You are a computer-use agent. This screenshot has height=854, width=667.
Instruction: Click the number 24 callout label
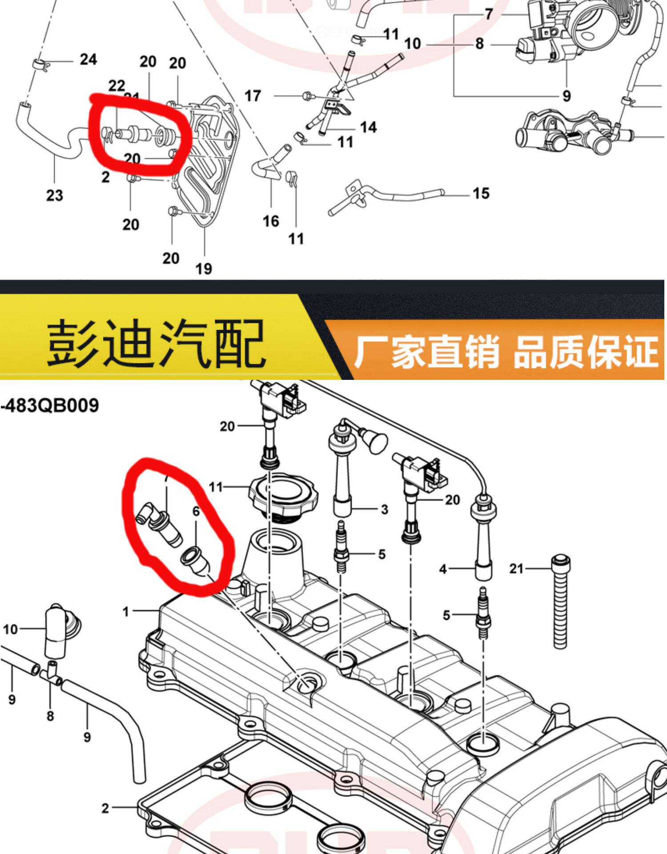[x=88, y=59]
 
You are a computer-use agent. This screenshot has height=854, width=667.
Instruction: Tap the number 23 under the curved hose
[x=55, y=195]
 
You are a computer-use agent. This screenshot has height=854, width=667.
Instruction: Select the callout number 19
[x=204, y=269]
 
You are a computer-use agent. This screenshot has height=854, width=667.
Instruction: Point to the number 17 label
[x=253, y=96]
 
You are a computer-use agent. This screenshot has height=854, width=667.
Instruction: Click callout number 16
[x=271, y=221]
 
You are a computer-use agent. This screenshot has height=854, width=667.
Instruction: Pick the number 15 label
[x=481, y=193]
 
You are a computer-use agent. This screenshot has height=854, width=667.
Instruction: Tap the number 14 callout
[x=368, y=128]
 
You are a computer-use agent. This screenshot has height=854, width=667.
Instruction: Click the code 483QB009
[x=50, y=406]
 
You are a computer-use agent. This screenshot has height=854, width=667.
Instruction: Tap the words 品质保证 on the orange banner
[x=586, y=351]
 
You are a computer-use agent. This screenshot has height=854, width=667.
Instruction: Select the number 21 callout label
[x=516, y=568]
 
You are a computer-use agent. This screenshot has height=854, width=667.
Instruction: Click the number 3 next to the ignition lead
[x=385, y=509]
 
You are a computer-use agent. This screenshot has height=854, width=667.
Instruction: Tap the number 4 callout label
[x=443, y=569]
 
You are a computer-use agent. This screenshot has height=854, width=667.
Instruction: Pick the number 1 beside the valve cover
[x=126, y=612]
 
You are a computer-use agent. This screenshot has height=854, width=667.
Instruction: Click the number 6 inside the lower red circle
[x=196, y=512]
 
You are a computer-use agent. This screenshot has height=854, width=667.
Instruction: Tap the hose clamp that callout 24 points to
[x=40, y=64]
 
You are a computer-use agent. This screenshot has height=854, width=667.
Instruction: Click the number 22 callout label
[x=117, y=85]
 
